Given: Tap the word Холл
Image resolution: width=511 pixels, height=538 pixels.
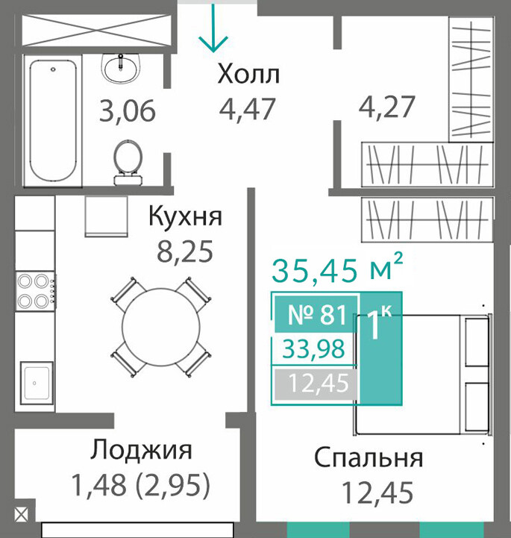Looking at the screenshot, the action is (x=248, y=75).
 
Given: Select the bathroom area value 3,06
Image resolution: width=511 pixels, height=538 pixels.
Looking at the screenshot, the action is (x=128, y=111).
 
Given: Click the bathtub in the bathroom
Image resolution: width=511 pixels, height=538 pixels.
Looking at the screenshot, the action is (x=52, y=120).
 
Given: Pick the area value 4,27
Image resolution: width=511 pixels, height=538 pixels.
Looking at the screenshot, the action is (x=387, y=107).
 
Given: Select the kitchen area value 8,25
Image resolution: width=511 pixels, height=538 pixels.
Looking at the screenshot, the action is (x=185, y=251).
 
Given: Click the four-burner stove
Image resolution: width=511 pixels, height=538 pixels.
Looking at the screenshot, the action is (x=35, y=291).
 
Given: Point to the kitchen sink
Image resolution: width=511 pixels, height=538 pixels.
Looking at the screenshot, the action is (x=37, y=382).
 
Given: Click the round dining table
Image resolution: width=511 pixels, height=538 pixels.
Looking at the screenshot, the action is (x=161, y=327).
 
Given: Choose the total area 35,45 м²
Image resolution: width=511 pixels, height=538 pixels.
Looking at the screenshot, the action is (x=337, y=269).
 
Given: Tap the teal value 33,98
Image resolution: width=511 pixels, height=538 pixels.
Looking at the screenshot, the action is (x=314, y=349).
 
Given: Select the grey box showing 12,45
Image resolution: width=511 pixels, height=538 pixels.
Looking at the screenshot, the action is (x=316, y=383).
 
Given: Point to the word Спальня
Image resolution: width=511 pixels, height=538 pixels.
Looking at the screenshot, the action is (x=369, y=458).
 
